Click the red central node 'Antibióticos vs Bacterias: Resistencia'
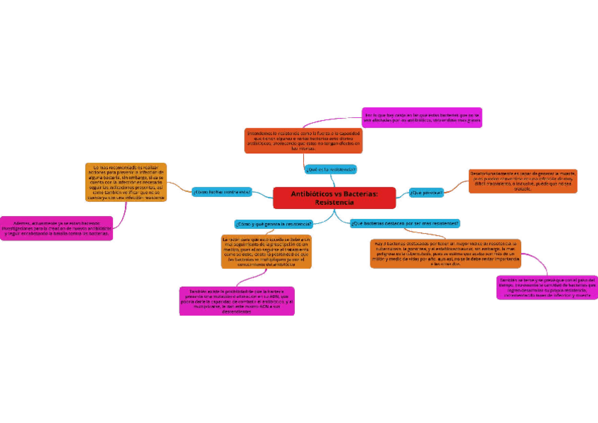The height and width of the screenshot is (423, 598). [334, 198]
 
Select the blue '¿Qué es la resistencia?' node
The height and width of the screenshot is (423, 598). [331, 169]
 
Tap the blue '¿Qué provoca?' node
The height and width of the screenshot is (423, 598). [426, 192]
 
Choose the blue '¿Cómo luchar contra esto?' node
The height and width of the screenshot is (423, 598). [221, 192]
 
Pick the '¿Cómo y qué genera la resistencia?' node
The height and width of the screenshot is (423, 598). [274, 224]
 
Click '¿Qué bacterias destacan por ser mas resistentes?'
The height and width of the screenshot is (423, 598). [405, 223]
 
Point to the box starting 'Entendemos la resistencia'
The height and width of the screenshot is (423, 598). [304, 141]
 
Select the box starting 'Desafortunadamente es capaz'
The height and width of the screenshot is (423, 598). [523, 181]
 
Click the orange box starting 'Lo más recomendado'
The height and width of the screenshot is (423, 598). [125, 182]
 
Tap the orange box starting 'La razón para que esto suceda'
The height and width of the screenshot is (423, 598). [266, 252]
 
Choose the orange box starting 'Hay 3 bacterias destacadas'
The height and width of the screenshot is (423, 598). [445, 253]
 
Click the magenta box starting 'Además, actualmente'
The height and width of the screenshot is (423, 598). [56, 228]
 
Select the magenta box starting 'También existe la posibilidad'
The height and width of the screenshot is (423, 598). [237, 301]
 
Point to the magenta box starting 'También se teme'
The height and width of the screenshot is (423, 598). [547, 287]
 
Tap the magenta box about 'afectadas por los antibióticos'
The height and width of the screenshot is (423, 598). [422, 117]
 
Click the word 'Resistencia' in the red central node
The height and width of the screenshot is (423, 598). [334, 203]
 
